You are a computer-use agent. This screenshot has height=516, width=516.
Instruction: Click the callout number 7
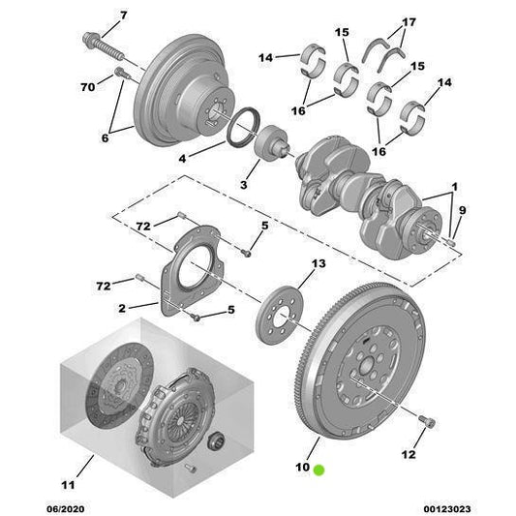(x=122, y=15)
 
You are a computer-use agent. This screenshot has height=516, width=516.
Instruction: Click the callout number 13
(x=319, y=264)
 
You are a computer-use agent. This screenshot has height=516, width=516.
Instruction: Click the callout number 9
(x=463, y=211)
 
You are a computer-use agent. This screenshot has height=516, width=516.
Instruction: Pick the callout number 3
(x=245, y=183)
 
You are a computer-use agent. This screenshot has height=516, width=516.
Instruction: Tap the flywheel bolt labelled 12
(x=430, y=420)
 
